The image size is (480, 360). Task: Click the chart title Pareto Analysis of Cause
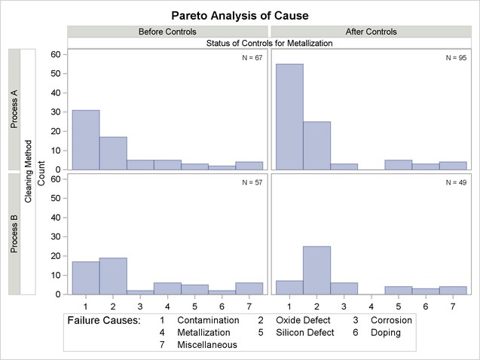[x=240, y=15]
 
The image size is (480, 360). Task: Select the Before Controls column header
[x=167, y=32]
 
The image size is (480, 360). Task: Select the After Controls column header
[x=371, y=32]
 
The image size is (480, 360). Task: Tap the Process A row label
[x=14, y=109]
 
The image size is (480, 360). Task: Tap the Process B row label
[x=14, y=233]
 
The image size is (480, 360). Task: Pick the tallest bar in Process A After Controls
[x=290, y=117]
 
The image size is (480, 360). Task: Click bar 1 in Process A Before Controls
[x=85, y=140]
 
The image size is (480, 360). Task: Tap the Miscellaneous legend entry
[x=207, y=344]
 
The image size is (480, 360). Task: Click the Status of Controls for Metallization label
[x=269, y=44]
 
